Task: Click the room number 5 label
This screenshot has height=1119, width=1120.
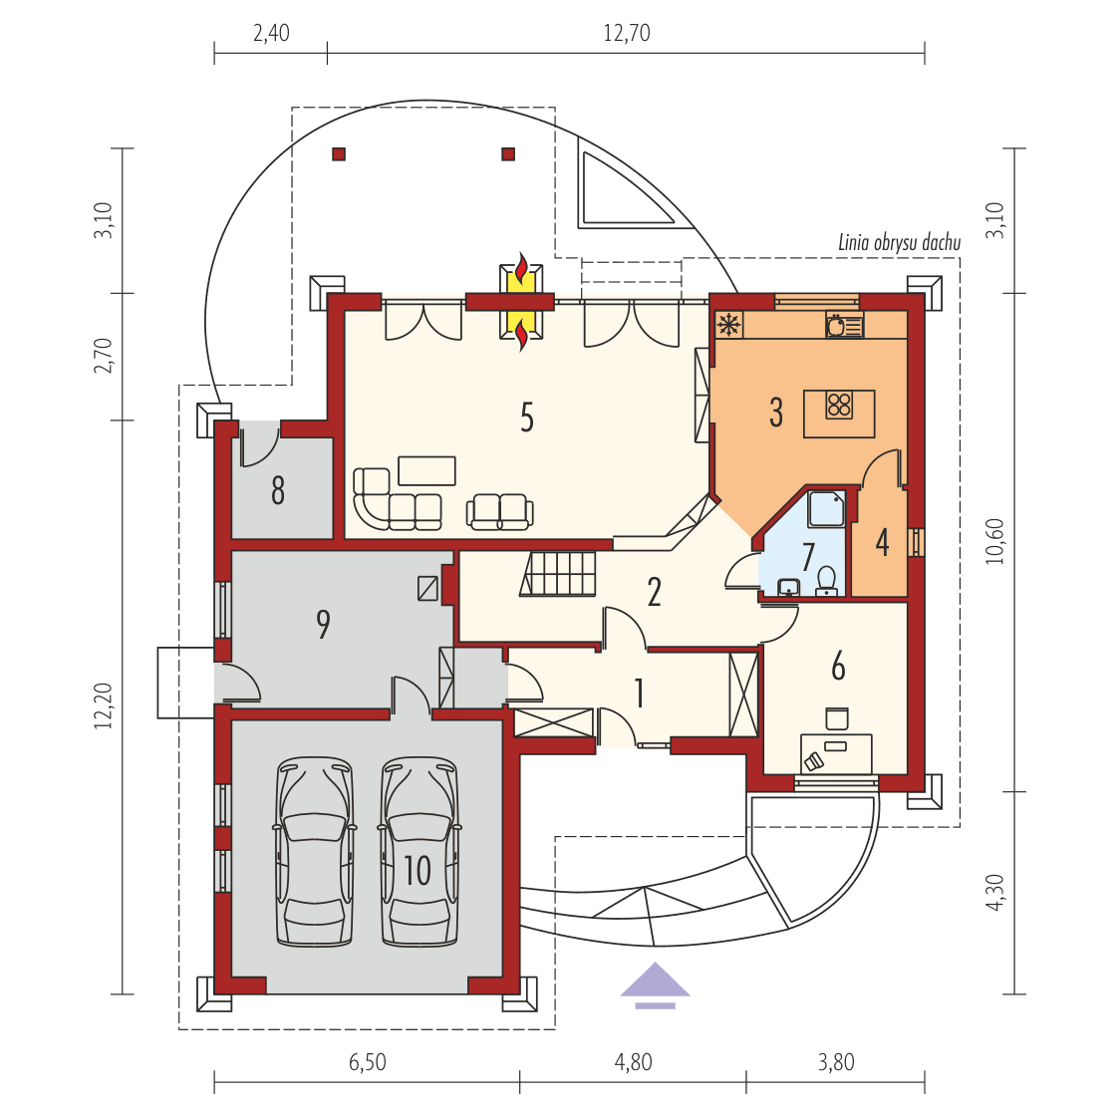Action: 527,418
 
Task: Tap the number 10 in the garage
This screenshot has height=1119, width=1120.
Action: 418,870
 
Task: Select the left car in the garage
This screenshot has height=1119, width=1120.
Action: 316,852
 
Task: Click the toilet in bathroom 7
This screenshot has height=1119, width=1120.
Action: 826,580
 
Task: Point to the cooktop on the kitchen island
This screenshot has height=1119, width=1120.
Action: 839,404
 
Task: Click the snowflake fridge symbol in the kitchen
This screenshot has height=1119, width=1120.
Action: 729,324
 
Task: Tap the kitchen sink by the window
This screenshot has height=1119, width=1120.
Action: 843,325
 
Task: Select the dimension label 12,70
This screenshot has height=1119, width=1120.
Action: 626,33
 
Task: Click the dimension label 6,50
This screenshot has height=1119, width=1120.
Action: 367,1062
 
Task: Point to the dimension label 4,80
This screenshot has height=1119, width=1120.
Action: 633,1062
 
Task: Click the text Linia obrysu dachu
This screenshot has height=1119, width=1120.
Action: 899,243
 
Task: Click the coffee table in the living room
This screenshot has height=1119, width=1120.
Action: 426,469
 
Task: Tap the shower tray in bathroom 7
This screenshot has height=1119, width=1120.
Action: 826,508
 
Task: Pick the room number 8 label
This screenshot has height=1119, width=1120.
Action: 278,490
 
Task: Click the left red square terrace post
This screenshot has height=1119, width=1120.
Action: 339,154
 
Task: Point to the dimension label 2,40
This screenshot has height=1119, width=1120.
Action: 271,33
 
